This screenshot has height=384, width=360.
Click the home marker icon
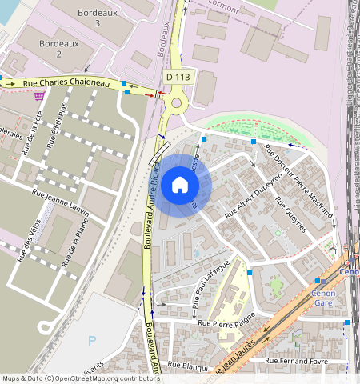tap(180, 186)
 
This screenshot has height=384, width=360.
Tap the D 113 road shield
tap(179, 76)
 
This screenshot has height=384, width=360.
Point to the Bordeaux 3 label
tap(98, 18)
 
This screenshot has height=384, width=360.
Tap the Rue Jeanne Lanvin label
tap(61, 198)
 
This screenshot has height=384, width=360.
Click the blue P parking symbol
tap(92, 341)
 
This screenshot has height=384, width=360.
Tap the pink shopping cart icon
tap(38, 95)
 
